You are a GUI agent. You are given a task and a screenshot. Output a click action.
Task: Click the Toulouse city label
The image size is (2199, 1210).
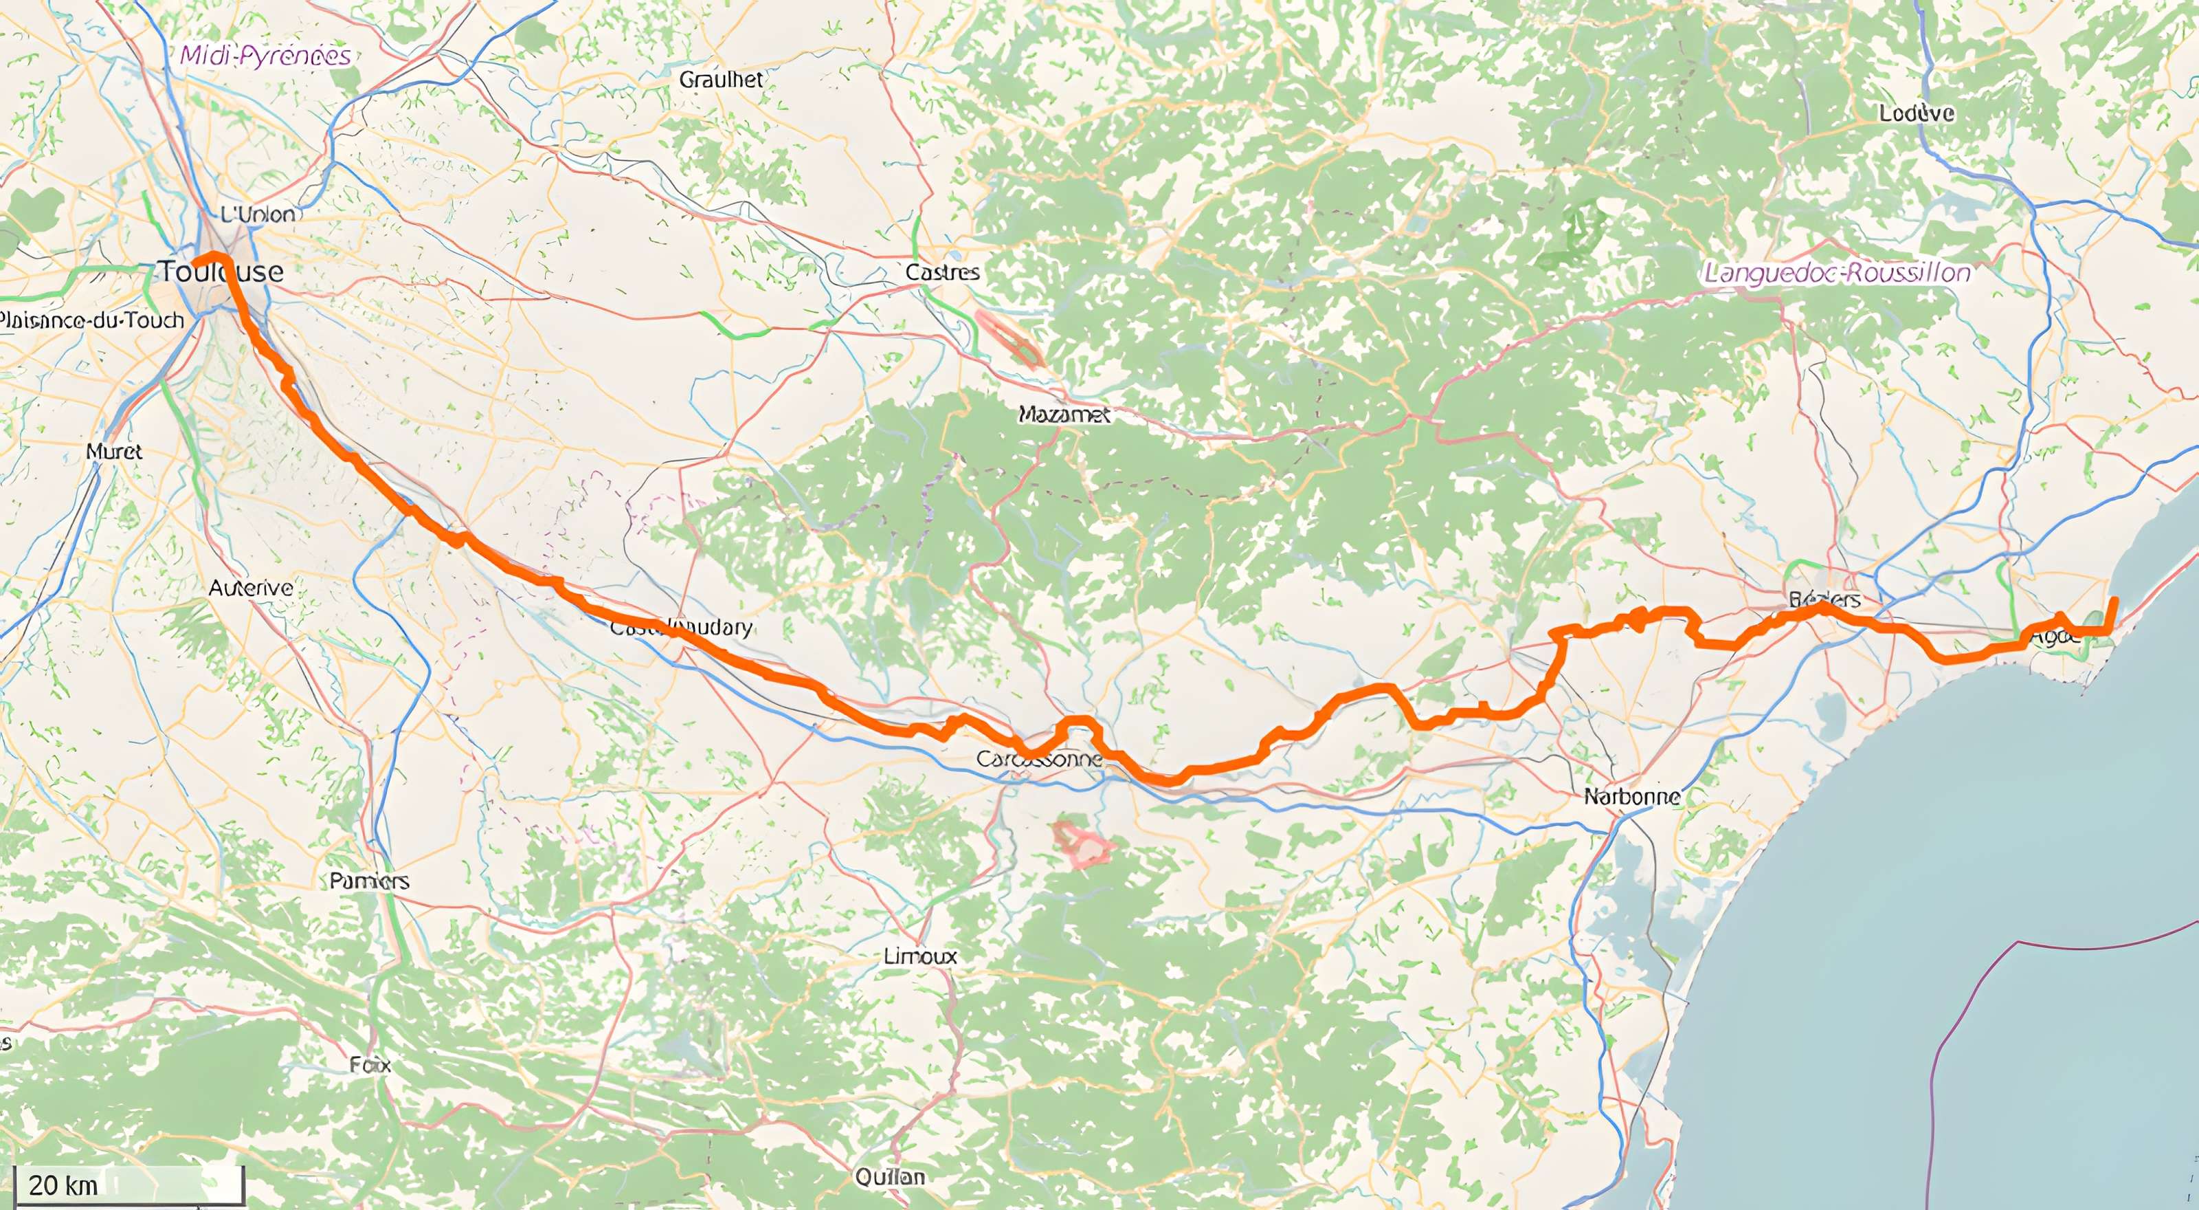(222, 272)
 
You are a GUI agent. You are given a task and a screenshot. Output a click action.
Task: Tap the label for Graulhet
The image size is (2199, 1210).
(722, 80)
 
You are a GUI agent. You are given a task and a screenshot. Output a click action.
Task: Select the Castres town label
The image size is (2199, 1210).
(942, 272)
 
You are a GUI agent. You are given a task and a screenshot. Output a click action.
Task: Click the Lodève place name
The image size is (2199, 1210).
(1917, 113)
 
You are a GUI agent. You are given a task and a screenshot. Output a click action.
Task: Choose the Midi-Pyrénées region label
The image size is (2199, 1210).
(265, 56)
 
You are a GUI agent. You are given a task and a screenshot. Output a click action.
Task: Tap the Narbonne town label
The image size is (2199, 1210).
(1632, 797)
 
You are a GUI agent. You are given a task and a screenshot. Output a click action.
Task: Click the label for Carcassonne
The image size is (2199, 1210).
(1039, 758)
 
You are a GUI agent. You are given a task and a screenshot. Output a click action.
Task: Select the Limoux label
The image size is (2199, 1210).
(920, 956)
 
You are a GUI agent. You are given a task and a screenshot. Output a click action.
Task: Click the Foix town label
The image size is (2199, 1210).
(370, 1065)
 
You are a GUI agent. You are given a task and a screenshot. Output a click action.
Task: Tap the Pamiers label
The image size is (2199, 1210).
(370, 881)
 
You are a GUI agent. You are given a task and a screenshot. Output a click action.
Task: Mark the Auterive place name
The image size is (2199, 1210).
(251, 588)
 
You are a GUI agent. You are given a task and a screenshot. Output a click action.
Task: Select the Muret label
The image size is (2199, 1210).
(113, 451)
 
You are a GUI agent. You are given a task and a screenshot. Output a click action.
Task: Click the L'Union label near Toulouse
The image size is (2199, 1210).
(258, 214)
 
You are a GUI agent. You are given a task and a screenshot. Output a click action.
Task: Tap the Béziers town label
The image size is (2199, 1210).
(1824, 599)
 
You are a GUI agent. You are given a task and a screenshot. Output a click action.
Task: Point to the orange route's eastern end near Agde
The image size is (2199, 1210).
(2115, 600)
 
